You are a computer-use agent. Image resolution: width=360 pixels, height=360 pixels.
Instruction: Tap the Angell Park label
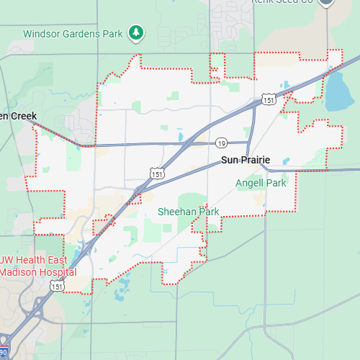[261, 183]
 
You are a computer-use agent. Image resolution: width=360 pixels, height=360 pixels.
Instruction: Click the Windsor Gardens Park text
[73, 33]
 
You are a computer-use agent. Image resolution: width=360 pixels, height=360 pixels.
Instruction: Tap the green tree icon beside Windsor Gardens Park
[135, 32]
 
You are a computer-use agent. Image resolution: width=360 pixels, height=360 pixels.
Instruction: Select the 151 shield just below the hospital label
[57, 286]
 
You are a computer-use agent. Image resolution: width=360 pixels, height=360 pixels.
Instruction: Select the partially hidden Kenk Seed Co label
[282, 2]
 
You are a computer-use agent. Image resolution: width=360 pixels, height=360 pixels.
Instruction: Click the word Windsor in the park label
[42, 33]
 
